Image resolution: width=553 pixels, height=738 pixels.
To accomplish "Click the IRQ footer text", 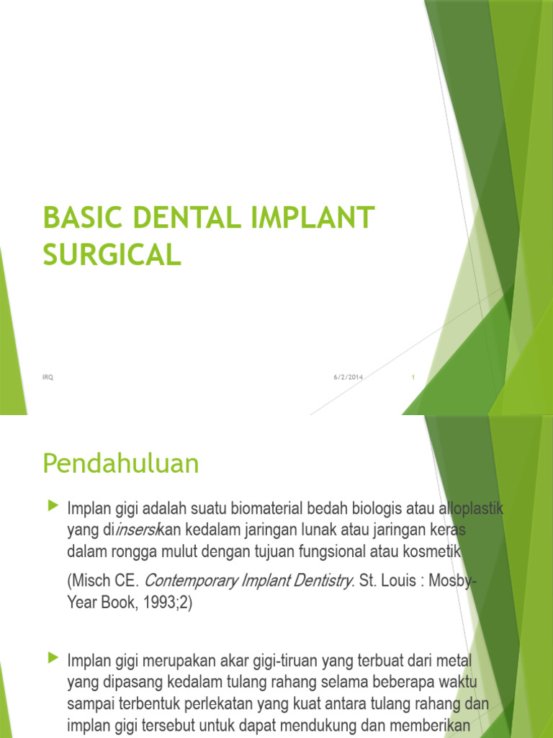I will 48,377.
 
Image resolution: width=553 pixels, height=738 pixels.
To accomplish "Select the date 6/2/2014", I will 348,377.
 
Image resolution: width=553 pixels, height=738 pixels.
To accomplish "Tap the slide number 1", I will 413,377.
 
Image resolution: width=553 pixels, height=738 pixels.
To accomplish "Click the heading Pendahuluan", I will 120,464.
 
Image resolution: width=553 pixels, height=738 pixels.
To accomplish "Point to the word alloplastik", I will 471,509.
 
